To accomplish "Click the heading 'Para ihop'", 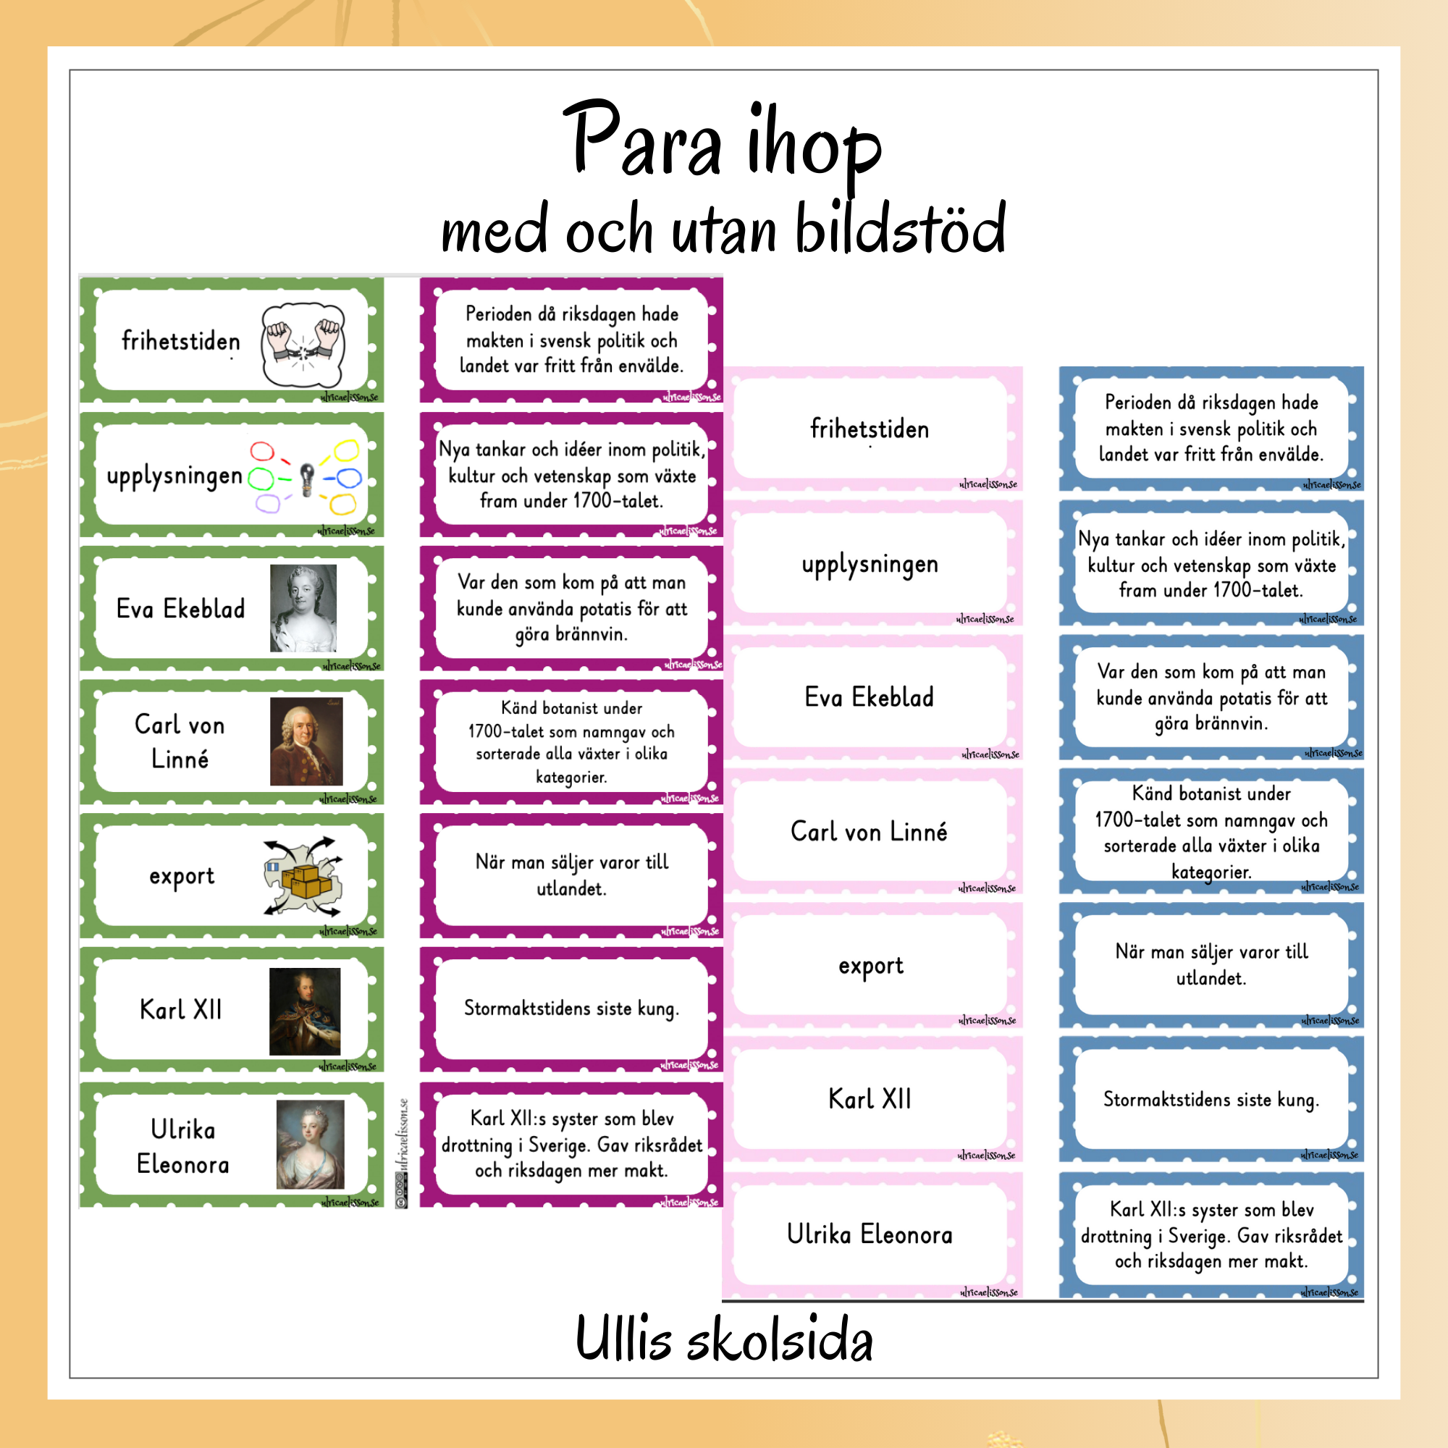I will tap(723, 143).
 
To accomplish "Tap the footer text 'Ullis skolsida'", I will tap(724, 1340).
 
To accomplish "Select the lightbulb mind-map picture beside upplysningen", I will tap(306, 476).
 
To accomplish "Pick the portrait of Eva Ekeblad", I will tap(303, 609).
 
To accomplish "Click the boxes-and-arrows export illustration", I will tap(303, 875).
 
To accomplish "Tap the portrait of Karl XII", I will tap(304, 1010).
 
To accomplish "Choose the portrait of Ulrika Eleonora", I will tap(311, 1145).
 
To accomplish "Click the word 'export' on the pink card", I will tap(871, 966).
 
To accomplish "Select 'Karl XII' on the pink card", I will tap(870, 1100).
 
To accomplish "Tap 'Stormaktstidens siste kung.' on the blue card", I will tap(1211, 1100).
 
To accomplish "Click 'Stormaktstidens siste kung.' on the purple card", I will tap(571, 1009).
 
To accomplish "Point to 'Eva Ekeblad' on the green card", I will tap(180, 609).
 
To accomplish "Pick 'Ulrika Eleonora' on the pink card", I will tap(870, 1234).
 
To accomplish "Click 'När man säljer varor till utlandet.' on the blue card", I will tap(1211, 964).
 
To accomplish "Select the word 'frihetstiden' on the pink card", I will tap(870, 429).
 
